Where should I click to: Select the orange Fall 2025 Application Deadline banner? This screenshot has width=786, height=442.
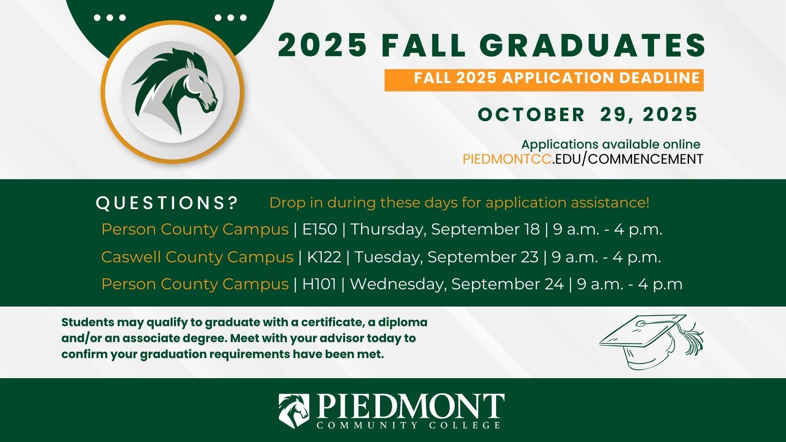coord(544,80)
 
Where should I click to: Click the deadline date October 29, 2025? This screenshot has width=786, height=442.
coord(587,114)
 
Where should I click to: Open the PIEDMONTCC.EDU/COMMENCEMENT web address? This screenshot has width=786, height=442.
coord(583,159)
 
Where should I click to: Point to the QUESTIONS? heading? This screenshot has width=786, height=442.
coord(167,203)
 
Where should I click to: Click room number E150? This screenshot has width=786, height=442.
coord(320,229)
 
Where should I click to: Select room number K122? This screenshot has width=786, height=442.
coord(324,257)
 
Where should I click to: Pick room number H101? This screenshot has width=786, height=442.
coord(319,284)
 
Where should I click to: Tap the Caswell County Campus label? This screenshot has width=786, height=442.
coord(197,257)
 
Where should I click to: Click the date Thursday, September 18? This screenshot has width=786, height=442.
coord(445,229)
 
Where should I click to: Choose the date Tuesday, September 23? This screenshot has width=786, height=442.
coord(446,257)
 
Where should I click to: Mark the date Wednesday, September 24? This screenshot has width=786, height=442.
coord(456,284)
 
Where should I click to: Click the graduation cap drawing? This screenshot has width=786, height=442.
coord(651,342)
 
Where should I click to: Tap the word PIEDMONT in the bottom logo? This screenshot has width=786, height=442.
coord(410,406)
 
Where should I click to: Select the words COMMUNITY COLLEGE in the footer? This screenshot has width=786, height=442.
coord(409,425)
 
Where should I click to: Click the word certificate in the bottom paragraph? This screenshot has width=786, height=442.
coord(332,322)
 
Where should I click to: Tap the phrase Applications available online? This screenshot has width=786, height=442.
coord(611,144)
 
